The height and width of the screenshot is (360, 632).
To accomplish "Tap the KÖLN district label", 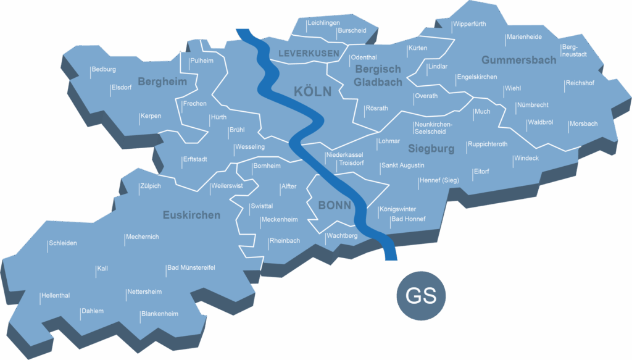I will pos(312,92).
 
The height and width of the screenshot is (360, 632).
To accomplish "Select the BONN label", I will pos(335,205).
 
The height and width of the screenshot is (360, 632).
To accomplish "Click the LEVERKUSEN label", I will pos(309,54).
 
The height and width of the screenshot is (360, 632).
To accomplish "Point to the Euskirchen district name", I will pos(191,215).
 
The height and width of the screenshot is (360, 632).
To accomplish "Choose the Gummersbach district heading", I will pos(518,61).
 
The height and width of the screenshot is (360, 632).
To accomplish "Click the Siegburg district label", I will pos(431,149).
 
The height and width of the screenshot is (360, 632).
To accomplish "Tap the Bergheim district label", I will pos(162,82).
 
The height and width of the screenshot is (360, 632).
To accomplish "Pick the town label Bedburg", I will pos(104,70).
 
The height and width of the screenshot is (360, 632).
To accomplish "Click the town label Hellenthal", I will pos(56,296).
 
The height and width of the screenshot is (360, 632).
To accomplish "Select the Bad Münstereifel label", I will pos(191,267).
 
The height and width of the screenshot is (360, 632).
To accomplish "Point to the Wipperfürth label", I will pos(470,24).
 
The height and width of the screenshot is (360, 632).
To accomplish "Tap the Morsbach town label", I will pos(583,124).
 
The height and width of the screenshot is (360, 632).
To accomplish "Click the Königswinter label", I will pos(397,209).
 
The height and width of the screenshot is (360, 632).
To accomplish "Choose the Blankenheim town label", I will pos(160,314).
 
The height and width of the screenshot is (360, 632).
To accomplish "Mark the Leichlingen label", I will pos(324,23).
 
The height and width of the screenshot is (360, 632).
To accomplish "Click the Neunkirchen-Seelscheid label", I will pos(433,128).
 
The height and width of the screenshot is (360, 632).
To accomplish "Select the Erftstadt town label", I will pos(195,159).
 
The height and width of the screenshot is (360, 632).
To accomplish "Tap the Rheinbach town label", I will pos(285,241).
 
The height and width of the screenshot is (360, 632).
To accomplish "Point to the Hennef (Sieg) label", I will pos(438,180).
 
